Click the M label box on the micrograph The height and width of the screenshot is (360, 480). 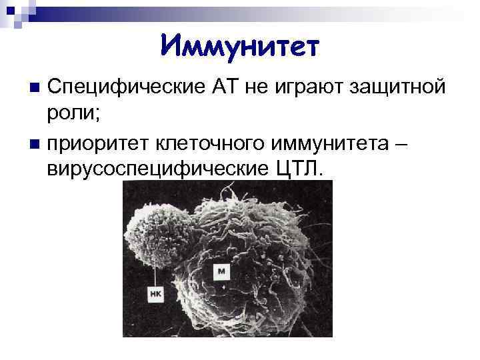[221, 271]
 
